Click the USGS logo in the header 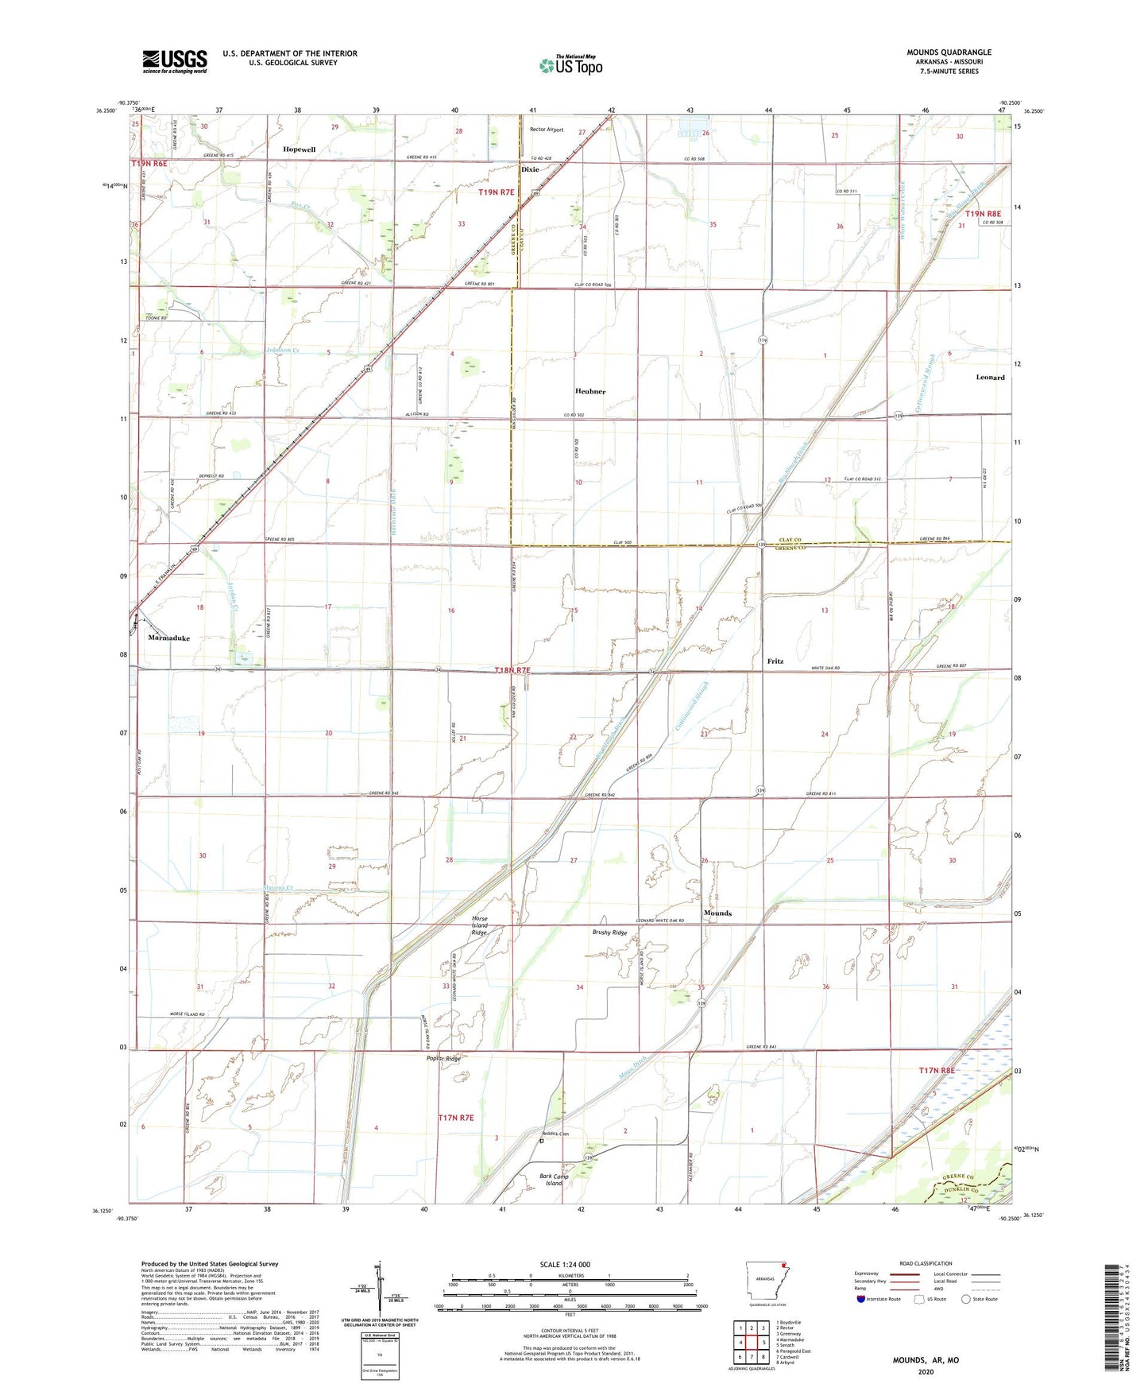[175, 61]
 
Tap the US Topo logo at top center [570, 64]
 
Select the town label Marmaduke [168, 638]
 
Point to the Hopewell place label [300, 149]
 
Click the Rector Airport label [547, 130]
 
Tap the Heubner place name [590, 391]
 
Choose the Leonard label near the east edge [990, 378]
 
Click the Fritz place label [775, 661]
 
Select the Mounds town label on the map [717, 913]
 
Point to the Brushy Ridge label [610, 932]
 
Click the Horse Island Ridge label [479, 925]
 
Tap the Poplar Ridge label [443, 1059]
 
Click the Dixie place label [530, 169]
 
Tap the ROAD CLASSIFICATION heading [926, 1263]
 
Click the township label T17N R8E [937, 1071]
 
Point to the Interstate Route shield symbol [862, 1299]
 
